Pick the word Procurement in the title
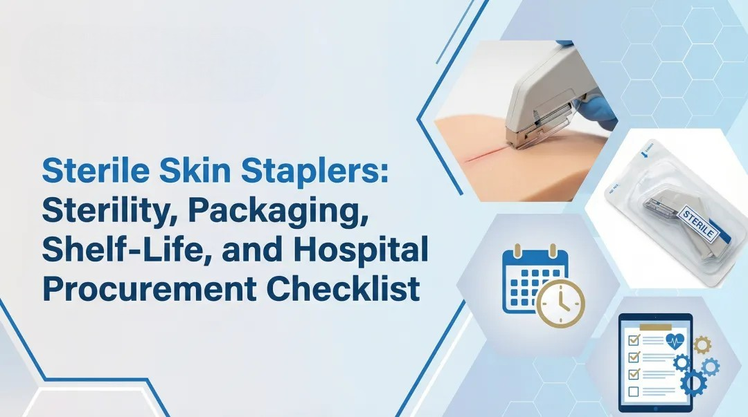pos(143,288)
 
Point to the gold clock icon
pos(560,304)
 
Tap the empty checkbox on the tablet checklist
pos(633,392)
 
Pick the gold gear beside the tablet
pos(701,344)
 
